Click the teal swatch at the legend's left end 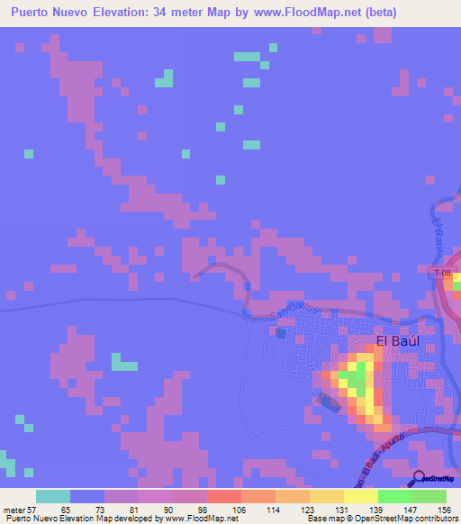coord(53,496)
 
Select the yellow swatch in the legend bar coord(360,496)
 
